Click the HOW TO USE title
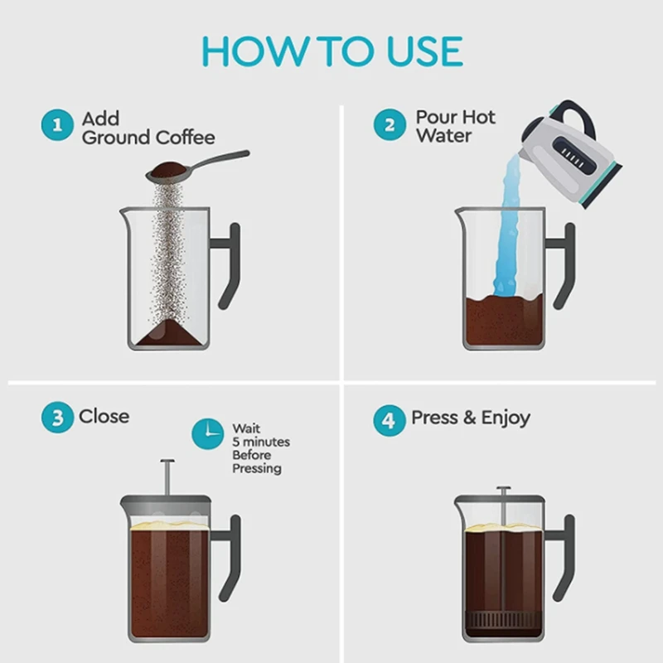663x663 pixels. tap(332, 51)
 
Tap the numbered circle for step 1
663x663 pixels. tap(57, 125)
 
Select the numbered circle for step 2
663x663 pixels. tap(390, 125)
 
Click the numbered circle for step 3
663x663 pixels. tap(57, 418)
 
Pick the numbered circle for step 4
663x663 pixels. tap(390, 420)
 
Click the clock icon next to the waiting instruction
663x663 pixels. tap(208, 434)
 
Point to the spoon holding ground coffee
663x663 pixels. tap(197, 167)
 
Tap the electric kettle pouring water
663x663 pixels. tap(572, 154)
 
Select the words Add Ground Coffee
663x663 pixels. tap(148, 128)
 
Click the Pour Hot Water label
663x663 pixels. tap(455, 127)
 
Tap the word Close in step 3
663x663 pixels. tap(104, 417)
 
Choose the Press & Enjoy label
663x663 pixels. tap(471, 419)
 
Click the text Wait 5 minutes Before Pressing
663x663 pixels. tap(261, 448)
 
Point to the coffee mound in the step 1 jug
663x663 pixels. tap(169, 333)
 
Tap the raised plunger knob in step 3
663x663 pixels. tap(167, 462)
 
